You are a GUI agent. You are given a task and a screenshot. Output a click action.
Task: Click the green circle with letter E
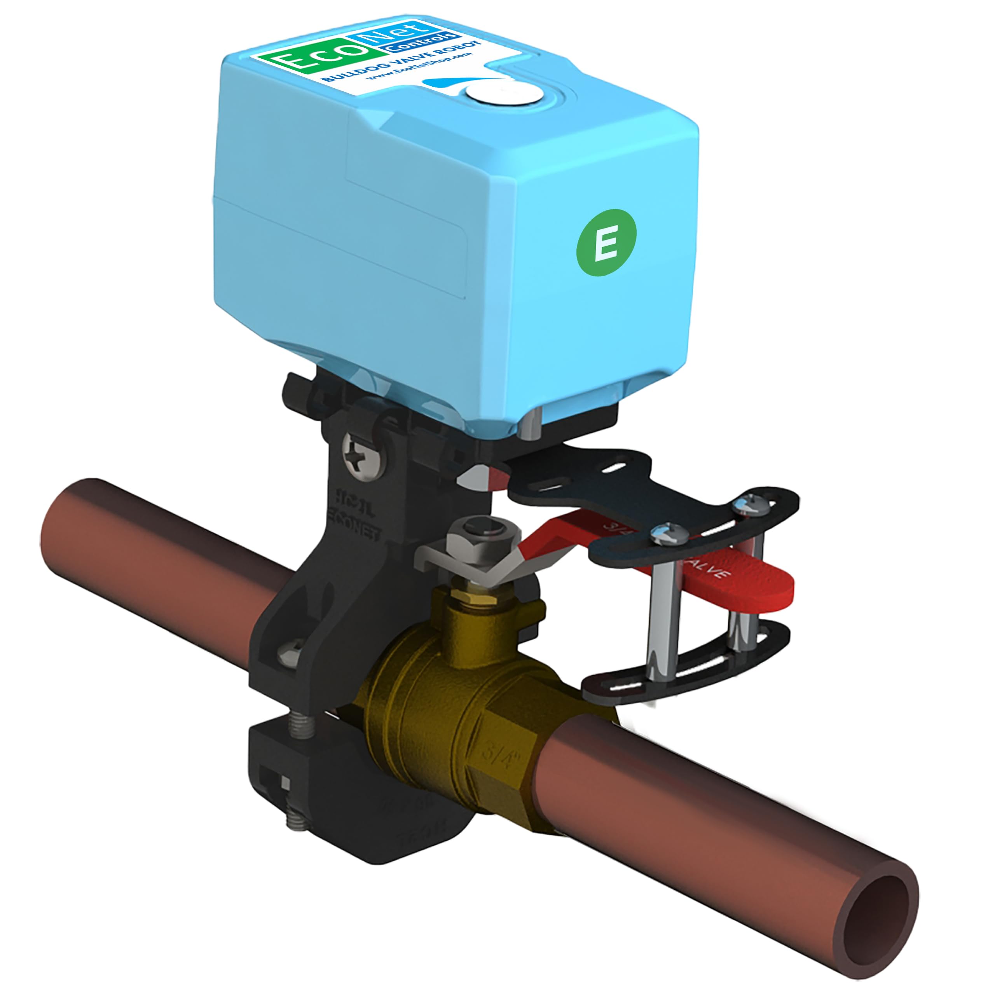pyautogui.click(x=606, y=243)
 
